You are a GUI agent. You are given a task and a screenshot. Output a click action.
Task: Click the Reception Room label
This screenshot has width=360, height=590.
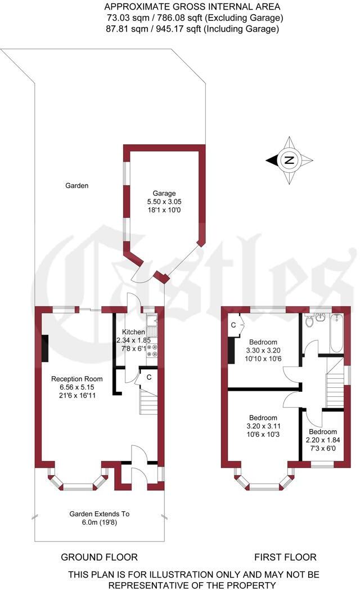tap(75, 378)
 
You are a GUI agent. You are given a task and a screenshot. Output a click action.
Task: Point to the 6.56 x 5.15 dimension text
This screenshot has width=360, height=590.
tap(75, 387)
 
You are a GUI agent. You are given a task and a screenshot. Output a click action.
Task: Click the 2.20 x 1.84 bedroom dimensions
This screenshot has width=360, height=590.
tap(319, 441)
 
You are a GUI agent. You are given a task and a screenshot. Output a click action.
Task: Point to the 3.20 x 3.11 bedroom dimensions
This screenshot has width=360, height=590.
tap(263, 426)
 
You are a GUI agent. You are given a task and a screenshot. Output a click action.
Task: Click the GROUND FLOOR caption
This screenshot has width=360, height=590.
tap(99, 557)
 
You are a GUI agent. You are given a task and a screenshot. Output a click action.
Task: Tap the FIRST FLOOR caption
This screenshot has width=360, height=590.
tap(285, 557)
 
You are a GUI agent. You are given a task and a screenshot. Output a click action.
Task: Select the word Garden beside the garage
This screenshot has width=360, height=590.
tap(76, 185)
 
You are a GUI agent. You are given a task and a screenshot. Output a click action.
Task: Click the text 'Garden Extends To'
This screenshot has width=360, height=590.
tap(100, 513)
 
